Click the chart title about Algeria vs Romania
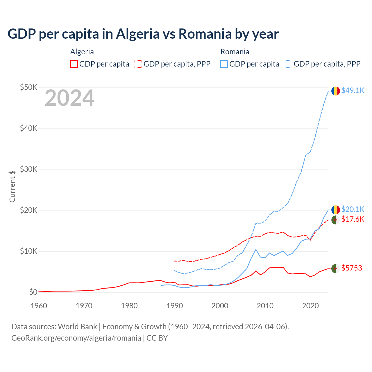pos(143,34)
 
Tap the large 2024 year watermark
pos(69,98)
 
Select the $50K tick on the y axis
pos(28,87)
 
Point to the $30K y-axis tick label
pos(28,169)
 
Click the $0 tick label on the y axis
pos(33,292)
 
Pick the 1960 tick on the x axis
pos(39,306)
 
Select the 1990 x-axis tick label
pos(174,306)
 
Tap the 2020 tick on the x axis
pos(310,306)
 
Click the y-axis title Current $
pos(12,186)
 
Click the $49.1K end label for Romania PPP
pos(353,90)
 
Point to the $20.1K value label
pos(353,209)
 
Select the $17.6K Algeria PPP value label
pos(353,219)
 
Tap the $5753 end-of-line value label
pos(352,268)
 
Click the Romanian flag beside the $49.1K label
pos(336,91)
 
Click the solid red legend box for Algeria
pos(74,64)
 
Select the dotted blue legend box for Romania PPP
pos(289,64)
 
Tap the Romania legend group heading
pos(235,52)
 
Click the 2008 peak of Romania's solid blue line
pos(256,249)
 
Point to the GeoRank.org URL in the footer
pos(76,338)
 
